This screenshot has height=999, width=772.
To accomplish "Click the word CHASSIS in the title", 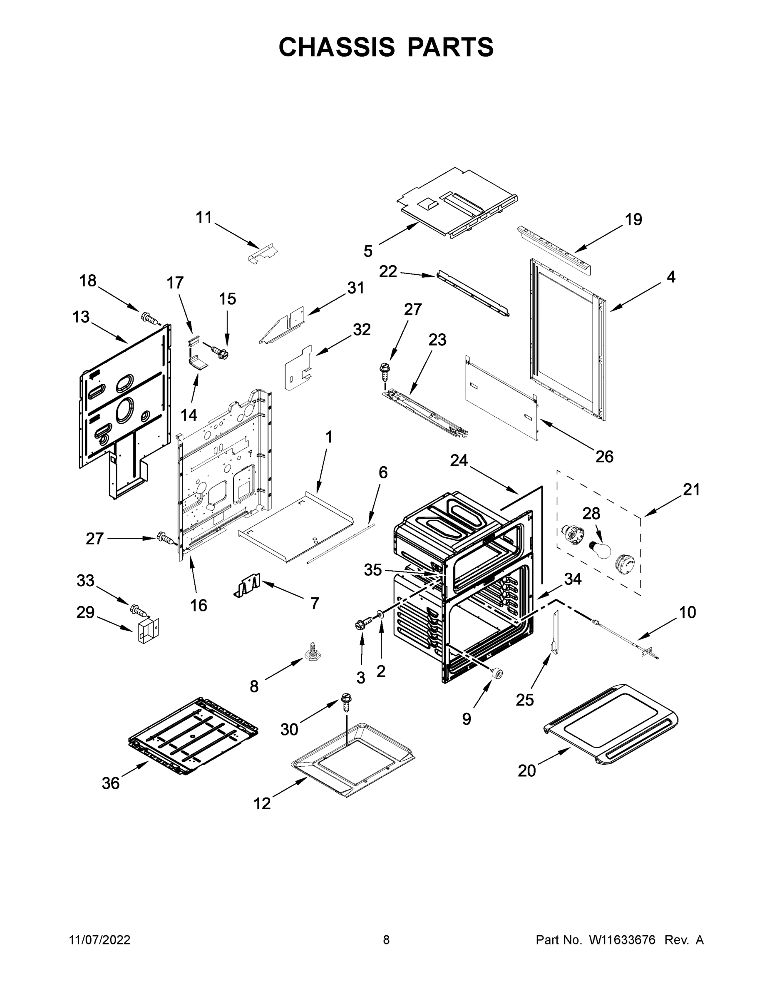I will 337,47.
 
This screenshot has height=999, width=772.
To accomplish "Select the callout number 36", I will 111,783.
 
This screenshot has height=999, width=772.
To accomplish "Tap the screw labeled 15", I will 219,352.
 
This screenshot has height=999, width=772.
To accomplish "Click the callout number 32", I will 361,329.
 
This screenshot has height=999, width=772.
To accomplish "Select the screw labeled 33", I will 139,609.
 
